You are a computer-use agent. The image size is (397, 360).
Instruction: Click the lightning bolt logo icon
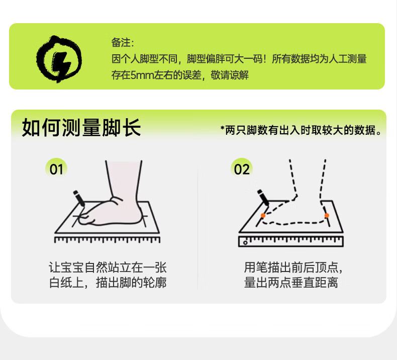[59, 59]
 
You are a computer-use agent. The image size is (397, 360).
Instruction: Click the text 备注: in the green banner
[123, 43]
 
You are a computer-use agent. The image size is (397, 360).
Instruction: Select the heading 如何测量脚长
[81, 128]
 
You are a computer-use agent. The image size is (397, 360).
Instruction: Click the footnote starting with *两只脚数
[301, 130]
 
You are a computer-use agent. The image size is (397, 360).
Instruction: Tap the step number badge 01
[56, 169]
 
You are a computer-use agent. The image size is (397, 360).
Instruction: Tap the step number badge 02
[242, 169]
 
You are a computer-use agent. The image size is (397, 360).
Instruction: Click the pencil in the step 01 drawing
[79, 199]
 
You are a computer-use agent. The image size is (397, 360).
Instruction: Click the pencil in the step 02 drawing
[263, 198]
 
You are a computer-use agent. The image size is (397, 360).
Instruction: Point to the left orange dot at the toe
[263, 216]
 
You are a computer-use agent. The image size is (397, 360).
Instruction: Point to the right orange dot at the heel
[327, 215]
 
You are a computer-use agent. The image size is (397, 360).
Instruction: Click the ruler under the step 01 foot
[107, 240]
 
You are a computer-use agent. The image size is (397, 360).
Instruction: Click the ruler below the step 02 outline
[291, 241]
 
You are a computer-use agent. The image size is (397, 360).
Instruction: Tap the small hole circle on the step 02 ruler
[245, 243]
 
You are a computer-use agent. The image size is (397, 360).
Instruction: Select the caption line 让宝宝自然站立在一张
[108, 267]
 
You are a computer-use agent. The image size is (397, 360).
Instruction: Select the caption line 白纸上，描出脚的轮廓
[108, 283]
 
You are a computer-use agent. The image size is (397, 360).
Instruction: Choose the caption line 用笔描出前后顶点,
[293, 267]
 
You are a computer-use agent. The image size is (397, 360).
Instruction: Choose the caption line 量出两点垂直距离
[291, 283]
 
